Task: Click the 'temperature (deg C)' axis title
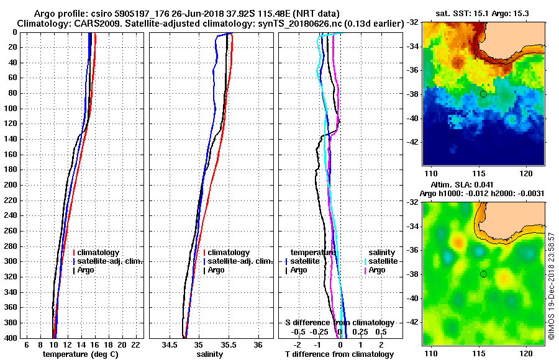80,354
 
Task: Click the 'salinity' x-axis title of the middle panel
210,354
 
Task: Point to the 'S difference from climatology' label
339,323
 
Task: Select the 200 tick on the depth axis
12,185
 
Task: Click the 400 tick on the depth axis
12,338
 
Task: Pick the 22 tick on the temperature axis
135,344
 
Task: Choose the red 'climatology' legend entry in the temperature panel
99,253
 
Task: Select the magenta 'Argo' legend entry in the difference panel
376,270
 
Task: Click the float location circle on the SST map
483,94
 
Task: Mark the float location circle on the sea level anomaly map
483,274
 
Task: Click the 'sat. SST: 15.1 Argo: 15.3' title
483,14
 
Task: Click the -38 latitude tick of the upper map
414,94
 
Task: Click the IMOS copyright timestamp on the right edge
552,286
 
